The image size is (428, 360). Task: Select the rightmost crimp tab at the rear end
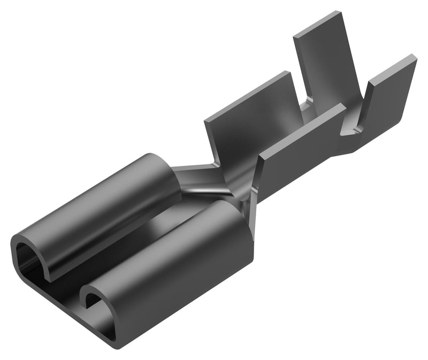pos(388,102)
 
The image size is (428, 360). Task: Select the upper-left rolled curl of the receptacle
pos(96,203)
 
